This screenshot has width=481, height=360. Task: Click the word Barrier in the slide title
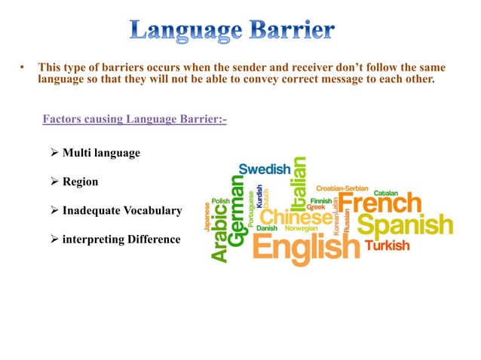coord(290,31)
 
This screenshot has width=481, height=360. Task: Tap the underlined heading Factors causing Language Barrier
coord(135,118)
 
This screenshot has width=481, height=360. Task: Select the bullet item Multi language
coord(101,153)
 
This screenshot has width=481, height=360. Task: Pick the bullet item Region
coord(80,182)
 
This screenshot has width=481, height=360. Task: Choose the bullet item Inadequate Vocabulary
coord(121,211)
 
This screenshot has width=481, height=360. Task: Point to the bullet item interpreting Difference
coord(121,239)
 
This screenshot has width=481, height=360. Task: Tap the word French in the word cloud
coord(378,202)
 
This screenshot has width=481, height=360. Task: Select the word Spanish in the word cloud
coord(405,224)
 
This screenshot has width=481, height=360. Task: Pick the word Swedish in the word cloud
coord(265,169)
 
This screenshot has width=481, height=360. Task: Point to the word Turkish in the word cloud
coord(388,246)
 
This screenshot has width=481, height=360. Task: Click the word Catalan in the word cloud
coord(387,193)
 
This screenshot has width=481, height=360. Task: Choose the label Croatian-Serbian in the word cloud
coord(342,188)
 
